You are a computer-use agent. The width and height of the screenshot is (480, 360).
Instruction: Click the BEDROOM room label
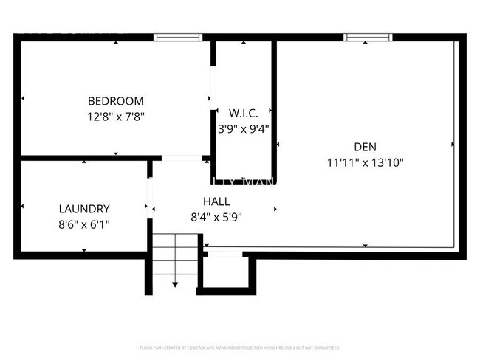[x=116, y=101]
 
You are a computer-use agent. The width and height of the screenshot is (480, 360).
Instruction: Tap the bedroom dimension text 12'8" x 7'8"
[x=116, y=116]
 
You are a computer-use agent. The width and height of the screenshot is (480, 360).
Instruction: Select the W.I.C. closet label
[x=243, y=113]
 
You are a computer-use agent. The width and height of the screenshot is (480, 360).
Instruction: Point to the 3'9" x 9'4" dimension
[x=243, y=128]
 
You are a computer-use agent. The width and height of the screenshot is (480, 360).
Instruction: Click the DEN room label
[x=365, y=146]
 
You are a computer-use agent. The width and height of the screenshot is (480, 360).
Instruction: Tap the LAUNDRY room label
[x=84, y=209]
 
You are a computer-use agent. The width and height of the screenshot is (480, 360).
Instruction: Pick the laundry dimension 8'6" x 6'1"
[x=84, y=224]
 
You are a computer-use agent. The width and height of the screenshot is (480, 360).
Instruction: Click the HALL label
[x=216, y=201]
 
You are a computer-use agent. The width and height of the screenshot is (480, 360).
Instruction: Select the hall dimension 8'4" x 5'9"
[x=216, y=217]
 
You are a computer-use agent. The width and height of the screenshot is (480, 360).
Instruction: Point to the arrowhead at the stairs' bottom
[x=176, y=284]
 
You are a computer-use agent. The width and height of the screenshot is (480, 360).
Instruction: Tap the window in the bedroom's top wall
[x=178, y=37]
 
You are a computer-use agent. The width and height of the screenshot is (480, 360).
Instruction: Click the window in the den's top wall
[x=368, y=37]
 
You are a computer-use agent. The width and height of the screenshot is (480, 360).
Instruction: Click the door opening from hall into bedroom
[x=182, y=158]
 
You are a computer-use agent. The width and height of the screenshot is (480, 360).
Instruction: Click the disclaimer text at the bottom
[x=239, y=347]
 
